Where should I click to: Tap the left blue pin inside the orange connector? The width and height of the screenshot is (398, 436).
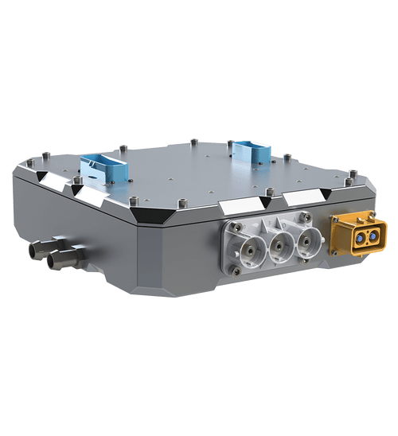point(358,237)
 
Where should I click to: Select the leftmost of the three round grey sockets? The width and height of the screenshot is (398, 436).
point(244,247)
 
